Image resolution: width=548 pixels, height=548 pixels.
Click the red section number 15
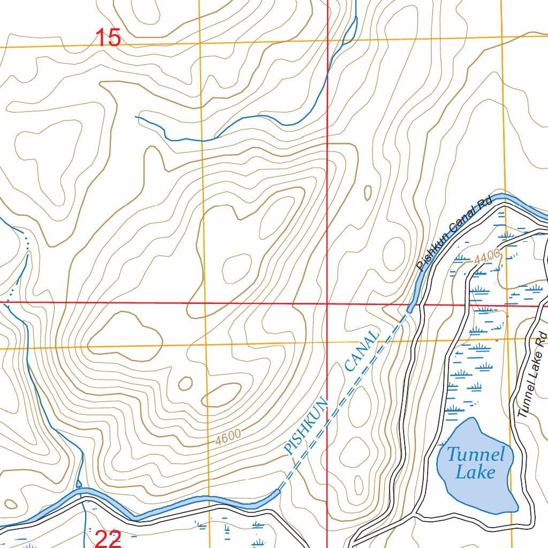click(108, 38)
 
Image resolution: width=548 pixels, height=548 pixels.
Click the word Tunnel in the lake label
click(476, 455)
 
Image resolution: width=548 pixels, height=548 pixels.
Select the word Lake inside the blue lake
click(475, 473)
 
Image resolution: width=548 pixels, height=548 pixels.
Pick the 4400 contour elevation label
click(486, 256)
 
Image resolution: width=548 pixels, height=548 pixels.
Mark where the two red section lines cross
click(327, 303)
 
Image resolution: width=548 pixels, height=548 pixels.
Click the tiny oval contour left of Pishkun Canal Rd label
click(368, 193)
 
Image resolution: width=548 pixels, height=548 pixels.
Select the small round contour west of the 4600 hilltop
click(185, 383)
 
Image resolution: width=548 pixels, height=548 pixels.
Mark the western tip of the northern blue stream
click(136, 116)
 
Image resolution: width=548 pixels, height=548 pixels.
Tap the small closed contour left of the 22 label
click(10, 504)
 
